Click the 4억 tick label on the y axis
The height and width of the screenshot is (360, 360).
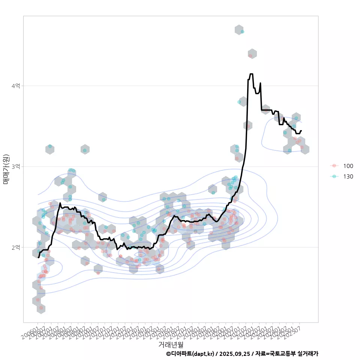pos(16,86)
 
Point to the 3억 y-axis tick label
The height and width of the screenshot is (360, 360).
pos(16,166)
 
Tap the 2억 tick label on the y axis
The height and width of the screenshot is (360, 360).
pos(16,247)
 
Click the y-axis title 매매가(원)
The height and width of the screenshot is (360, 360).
pos(6,169)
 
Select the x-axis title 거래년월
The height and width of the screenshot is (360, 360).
pos(171,344)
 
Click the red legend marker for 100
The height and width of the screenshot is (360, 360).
pos(334,166)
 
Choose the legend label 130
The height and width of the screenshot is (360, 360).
pos(348,176)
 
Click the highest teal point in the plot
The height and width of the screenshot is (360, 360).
pos(242,31)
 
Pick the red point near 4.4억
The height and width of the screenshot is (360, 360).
pos(250,55)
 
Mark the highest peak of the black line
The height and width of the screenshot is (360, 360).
pos(251,74)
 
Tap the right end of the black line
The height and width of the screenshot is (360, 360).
pos(301,131)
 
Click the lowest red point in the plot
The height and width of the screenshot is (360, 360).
pos(41,308)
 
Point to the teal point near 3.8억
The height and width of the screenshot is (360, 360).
pos(239,102)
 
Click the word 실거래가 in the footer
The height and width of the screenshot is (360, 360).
pos(308,354)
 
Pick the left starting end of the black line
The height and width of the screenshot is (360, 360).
pos(38,258)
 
